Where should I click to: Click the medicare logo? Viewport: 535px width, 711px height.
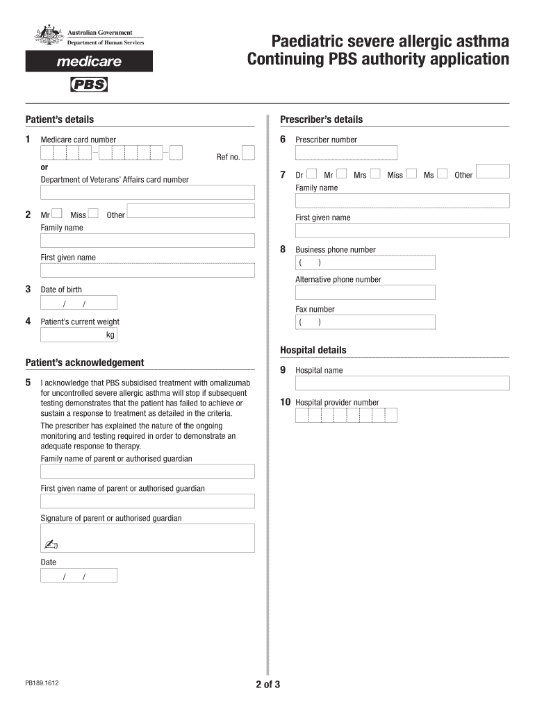pyautogui.click(x=89, y=61)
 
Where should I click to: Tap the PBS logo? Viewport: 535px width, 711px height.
pyautogui.click(x=89, y=85)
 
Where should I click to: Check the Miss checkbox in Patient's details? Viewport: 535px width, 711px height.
pyautogui.click(x=94, y=214)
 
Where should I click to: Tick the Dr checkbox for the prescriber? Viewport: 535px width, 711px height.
pyautogui.click(x=311, y=174)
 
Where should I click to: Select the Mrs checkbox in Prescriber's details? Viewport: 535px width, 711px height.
pyautogui.click(x=375, y=174)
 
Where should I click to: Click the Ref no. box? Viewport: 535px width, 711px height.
pyautogui.click(x=249, y=153)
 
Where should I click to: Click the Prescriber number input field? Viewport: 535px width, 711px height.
pyautogui.click(x=346, y=153)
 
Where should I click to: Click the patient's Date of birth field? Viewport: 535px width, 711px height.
pyautogui.click(x=79, y=303)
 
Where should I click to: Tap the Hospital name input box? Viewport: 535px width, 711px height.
pyautogui.click(x=402, y=383)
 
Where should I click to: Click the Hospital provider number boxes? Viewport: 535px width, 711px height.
pyautogui.click(x=346, y=415)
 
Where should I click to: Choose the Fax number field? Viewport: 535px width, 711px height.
pyautogui.click(x=365, y=322)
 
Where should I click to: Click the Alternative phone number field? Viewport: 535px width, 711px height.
pyautogui.click(x=365, y=292)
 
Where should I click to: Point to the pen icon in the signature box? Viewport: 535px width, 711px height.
pyautogui.click(x=52, y=544)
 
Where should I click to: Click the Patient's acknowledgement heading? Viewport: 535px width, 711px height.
pyautogui.click(x=85, y=362)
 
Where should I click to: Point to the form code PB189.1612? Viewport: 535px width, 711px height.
pyautogui.click(x=42, y=683)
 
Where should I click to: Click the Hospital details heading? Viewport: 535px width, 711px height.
pyautogui.click(x=313, y=351)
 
